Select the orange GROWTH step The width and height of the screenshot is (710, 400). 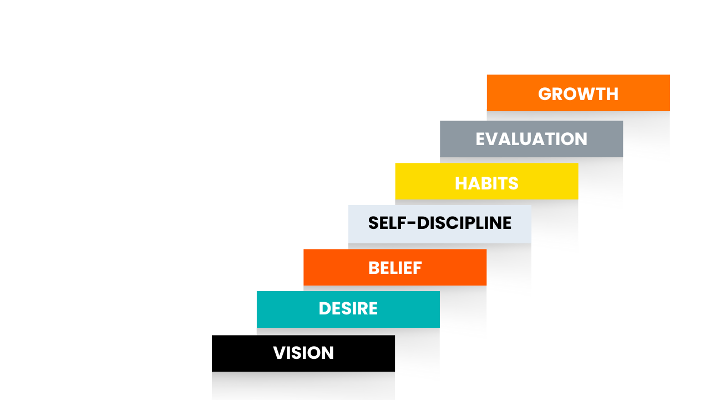(x=578, y=93)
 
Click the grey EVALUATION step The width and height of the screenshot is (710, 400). (x=531, y=139)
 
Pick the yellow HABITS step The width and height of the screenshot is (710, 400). (x=486, y=181)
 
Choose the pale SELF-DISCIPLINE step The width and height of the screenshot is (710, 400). (x=439, y=224)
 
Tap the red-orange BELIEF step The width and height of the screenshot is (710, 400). (x=395, y=267)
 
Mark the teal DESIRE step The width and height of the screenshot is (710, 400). (x=348, y=309)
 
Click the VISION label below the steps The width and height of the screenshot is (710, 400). (x=303, y=353)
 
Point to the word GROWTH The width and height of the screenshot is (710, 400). (x=578, y=94)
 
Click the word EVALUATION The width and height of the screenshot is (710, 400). (x=531, y=139)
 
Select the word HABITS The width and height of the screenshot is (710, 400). (x=486, y=183)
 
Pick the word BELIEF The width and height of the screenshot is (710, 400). (x=395, y=268)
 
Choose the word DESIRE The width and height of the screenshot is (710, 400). (x=348, y=308)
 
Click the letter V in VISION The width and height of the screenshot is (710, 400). (x=279, y=353)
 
